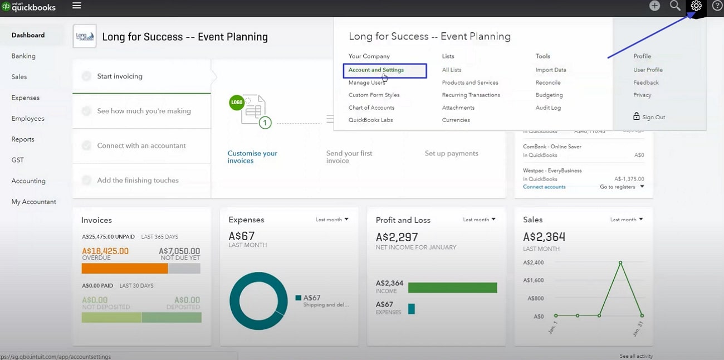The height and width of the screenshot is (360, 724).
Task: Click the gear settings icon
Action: (x=696, y=6)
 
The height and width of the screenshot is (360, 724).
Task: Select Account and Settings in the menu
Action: (x=376, y=70)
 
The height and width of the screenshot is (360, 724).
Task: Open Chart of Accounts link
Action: (x=371, y=108)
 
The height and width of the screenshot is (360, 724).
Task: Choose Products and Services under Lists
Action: (x=470, y=82)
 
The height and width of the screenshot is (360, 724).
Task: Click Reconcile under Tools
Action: (x=547, y=82)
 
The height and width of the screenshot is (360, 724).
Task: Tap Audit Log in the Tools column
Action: (x=548, y=108)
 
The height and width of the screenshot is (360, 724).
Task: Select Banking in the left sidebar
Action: (x=23, y=56)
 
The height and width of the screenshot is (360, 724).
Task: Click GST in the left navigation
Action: (x=18, y=160)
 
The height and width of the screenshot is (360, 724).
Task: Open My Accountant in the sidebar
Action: (x=33, y=202)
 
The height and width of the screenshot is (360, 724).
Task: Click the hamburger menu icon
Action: (x=77, y=6)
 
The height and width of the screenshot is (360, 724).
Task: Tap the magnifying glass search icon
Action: (x=675, y=6)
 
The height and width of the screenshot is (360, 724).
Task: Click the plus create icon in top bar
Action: (x=654, y=6)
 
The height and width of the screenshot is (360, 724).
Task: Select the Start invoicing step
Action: (x=120, y=76)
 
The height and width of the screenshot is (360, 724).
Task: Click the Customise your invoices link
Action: (x=252, y=157)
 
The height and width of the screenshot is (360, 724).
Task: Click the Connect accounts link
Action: (x=544, y=187)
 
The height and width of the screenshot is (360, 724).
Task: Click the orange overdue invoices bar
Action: (x=124, y=269)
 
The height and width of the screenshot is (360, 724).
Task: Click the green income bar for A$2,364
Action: (x=452, y=288)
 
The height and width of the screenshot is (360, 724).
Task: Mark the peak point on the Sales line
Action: (x=620, y=262)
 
